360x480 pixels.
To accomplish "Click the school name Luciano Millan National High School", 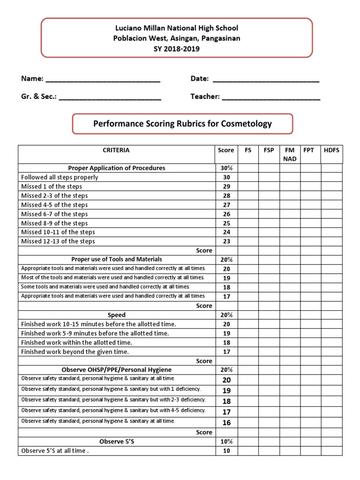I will pyautogui.click(x=176, y=29).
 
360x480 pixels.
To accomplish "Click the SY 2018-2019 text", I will pyautogui.click(x=176, y=48).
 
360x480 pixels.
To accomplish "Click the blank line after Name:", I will pyautogui.click(x=103, y=79).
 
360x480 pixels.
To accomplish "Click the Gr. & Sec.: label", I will pyautogui.click(x=39, y=97).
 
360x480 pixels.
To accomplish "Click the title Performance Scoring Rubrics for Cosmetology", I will pyautogui.click(x=182, y=124).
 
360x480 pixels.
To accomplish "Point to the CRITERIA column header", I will pyautogui.click(x=116, y=150).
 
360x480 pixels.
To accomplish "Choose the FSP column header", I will pyautogui.click(x=269, y=150).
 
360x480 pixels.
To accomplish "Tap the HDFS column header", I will pyautogui.click(x=331, y=150).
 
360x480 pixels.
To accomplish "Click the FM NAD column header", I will pyautogui.click(x=290, y=154).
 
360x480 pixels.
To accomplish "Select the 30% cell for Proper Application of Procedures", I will pyautogui.click(x=226, y=168).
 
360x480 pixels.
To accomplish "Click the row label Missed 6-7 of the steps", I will pyautogui.click(x=54, y=214).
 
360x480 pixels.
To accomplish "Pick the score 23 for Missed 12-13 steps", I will pyautogui.click(x=226, y=241).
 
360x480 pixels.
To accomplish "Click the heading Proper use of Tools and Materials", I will pyautogui.click(x=116, y=259).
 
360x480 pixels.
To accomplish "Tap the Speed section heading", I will pyautogui.click(x=116, y=315).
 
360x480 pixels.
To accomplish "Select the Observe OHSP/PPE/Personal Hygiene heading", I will pyautogui.click(x=116, y=370).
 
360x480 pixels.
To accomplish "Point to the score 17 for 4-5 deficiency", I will pyautogui.click(x=226, y=412).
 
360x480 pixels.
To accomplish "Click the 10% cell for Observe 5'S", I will pyautogui.click(x=226, y=442).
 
